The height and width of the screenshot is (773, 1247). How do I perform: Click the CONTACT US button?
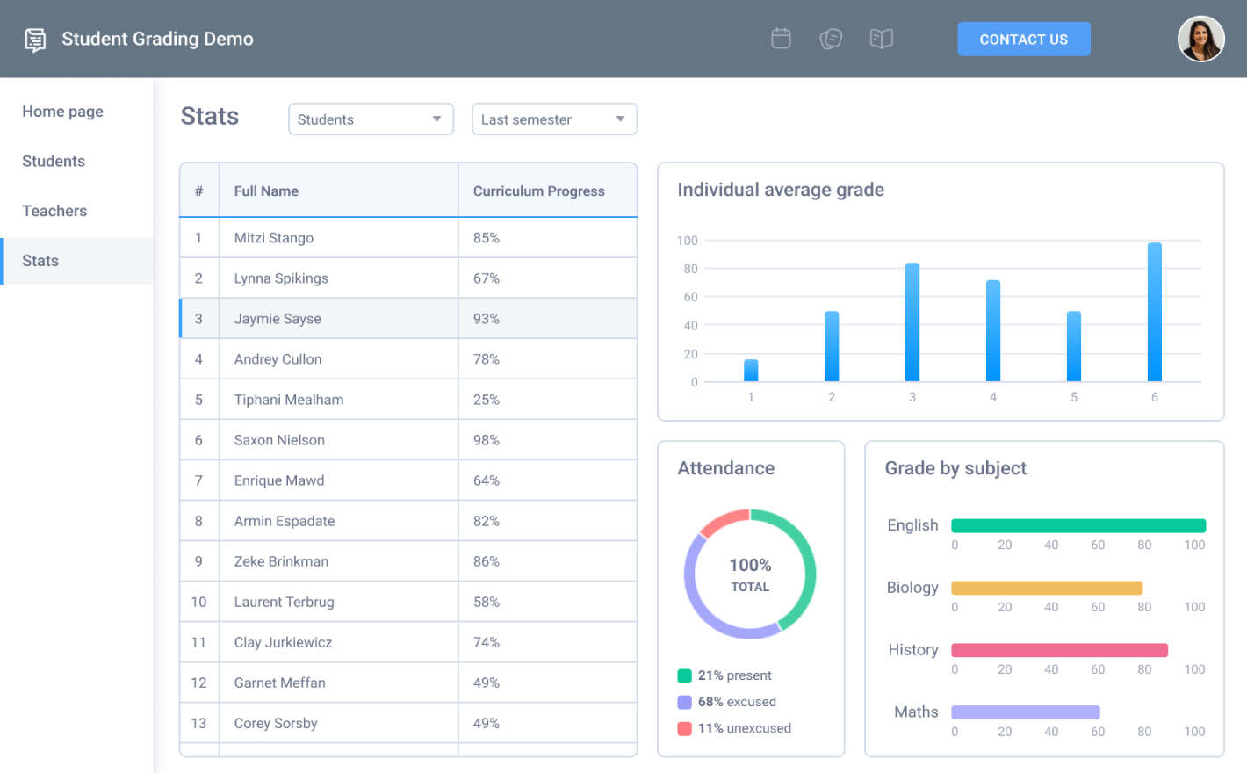pyautogui.click(x=1023, y=40)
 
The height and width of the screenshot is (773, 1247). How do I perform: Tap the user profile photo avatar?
pyautogui.click(x=1200, y=40)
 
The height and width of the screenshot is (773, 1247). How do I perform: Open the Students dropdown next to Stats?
pyautogui.click(x=371, y=119)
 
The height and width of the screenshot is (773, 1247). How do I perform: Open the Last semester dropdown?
pyautogui.click(x=554, y=119)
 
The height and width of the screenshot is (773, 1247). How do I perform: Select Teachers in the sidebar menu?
pyautogui.click(x=54, y=211)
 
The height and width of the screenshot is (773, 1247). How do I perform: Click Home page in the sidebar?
pyautogui.click(x=62, y=112)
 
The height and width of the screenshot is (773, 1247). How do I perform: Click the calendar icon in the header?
pyautogui.click(x=781, y=39)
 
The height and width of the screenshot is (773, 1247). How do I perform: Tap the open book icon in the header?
pyautogui.click(x=881, y=39)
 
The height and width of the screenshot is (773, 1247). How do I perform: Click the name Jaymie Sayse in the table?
pyautogui.click(x=278, y=319)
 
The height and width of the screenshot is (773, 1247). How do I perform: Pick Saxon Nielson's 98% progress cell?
pyautogui.click(x=487, y=440)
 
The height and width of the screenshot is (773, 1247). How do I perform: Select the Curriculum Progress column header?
pyautogui.click(x=538, y=191)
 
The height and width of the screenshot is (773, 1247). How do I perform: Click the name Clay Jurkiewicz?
pyautogui.click(x=283, y=642)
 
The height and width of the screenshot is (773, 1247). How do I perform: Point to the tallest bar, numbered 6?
pyautogui.click(x=1154, y=312)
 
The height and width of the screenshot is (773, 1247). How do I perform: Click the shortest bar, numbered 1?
pyautogui.click(x=751, y=371)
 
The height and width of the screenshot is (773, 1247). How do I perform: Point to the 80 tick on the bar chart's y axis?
pyautogui.click(x=690, y=269)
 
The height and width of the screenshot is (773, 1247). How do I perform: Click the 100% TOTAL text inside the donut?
pyautogui.click(x=750, y=574)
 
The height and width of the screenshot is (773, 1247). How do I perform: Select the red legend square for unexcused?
pyautogui.click(x=684, y=728)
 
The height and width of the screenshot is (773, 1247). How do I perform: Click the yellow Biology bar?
pyautogui.click(x=1046, y=588)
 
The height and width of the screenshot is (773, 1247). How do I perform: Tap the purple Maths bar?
pyautogui.click(x=1025, y=712)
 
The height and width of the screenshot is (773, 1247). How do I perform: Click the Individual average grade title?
pyautogui.click(x=780, y=190)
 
